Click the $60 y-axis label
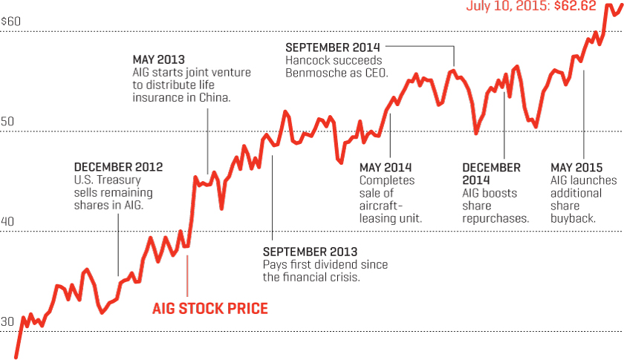pyautogui.click(x=10, y=22)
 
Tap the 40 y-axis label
pyautogui.click(x=7, y=222)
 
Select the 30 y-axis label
pyautogui.click(x=7, y=321)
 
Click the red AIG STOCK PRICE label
pyautogui.click(x=209, y=308)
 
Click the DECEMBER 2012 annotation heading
pyautogui.click(x=118, y=167)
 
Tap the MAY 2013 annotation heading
pyautogui.click(x=159, y=59)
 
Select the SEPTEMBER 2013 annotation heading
pyautogui.click(x=310, y=252)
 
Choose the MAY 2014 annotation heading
pyautogui.click(x=385, y=167)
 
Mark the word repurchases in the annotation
pyautogui.click(x=495, y=218)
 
